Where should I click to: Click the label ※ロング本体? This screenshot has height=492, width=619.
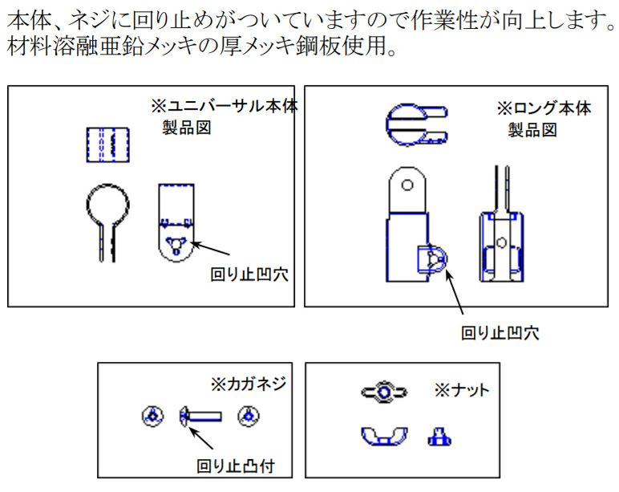544,108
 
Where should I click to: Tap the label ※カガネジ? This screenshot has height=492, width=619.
247,384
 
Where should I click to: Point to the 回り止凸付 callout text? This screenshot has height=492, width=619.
237,466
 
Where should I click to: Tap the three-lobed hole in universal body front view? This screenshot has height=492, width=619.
176,243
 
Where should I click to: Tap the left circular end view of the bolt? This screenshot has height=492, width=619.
150,416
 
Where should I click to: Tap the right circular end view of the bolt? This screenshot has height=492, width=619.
249,416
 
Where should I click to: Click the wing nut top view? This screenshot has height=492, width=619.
384,392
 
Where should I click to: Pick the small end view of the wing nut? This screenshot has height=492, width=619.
438,436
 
